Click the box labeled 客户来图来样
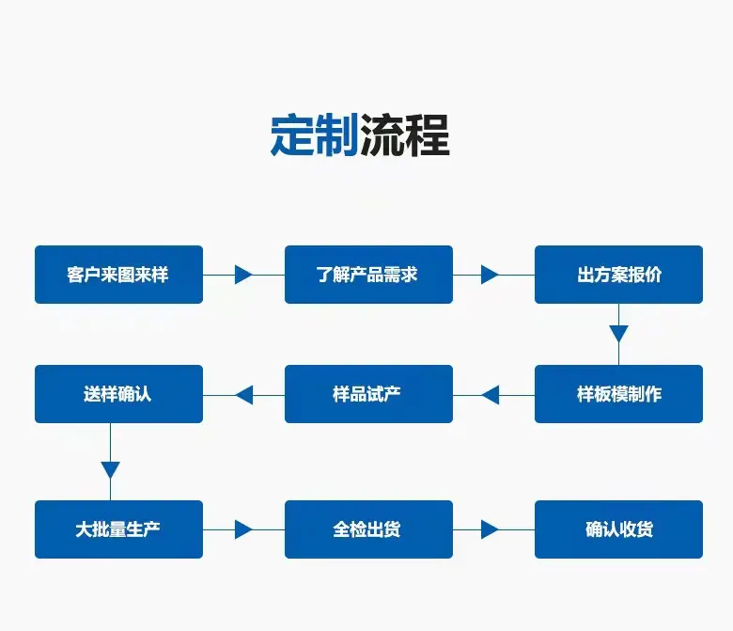(118, 275)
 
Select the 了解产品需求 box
(368, 275)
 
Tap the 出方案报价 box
(618, 275)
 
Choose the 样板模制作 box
(618, 394)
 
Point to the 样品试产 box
(368, 394)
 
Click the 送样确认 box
(118, 394)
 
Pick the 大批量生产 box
(118, 529)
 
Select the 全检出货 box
(368, 529)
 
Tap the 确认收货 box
(618, 529)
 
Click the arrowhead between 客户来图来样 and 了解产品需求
(243, 275)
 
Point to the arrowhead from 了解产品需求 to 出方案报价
(490, 275)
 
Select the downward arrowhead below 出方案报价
(618, 334)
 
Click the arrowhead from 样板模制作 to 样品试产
(491, 395)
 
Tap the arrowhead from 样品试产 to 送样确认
(244, 395)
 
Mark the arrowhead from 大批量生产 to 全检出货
(243, 529)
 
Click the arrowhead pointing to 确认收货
(490, 529)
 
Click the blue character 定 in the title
(292, 134)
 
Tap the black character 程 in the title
(428, 134)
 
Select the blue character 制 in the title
(336, 134)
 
